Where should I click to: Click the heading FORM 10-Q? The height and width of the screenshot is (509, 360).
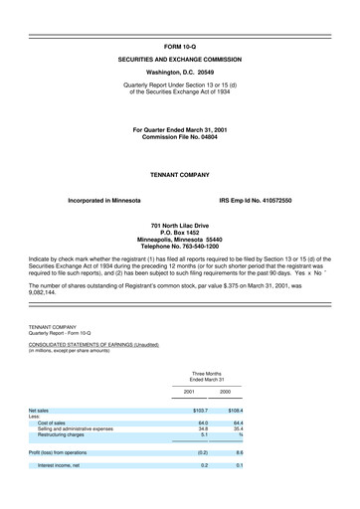pyautogui.click(x=179, y=46)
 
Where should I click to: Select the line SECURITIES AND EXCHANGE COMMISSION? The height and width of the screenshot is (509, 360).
pyautogui.click(x=179, y=60)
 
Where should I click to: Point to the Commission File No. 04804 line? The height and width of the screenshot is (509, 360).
pyautogui.click(x=179, y=136)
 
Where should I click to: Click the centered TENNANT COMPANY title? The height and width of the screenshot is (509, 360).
pyautogui.click(x=179, y=173)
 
